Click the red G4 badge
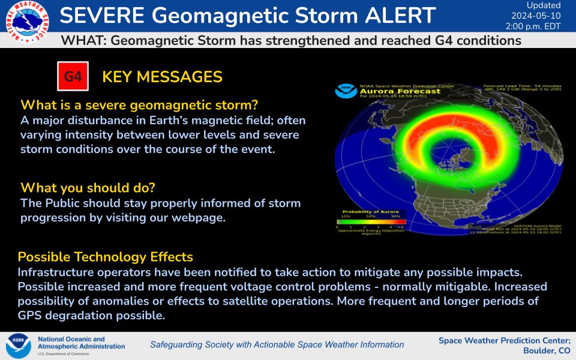[73, 77]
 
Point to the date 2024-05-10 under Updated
[536, 16]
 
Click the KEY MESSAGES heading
[162, 77]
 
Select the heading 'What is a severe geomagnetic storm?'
[139, 104]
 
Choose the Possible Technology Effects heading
[105, 257]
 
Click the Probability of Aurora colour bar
[371, 222]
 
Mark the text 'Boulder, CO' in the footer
[547, 350]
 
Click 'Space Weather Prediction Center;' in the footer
[504, 340]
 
